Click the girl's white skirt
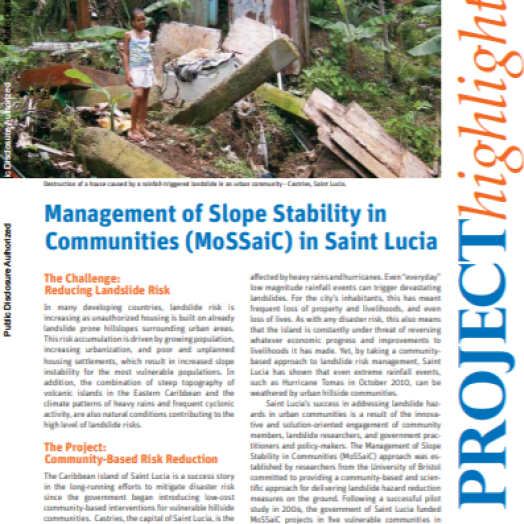[x=139, y=76]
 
